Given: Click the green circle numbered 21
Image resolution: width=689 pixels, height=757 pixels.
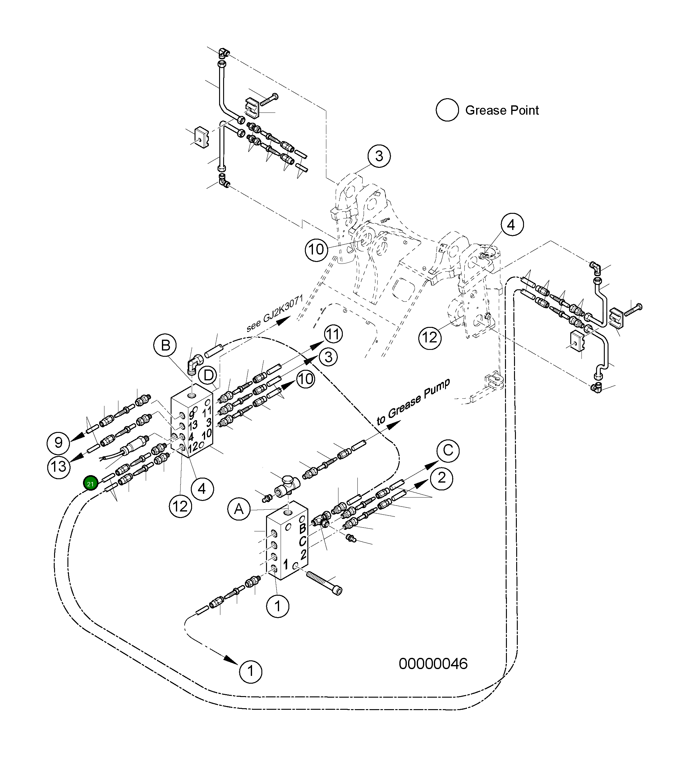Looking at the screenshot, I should pyautogui.click(x=90, y=484).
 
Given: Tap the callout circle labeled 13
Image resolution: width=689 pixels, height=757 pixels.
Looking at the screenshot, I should pyautogui.click(x=59, y=467).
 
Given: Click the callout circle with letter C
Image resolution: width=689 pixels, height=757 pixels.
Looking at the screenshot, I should pyautogui.click(x=448, y=450).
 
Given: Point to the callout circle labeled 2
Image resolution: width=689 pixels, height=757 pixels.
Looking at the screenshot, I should pyautogui.click(x=442, y=478).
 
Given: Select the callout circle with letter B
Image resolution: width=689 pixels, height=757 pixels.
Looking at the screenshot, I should pyautogui.click(x=165, y=346).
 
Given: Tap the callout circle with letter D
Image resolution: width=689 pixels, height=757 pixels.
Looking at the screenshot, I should pyautogui.click(x=209, y=375).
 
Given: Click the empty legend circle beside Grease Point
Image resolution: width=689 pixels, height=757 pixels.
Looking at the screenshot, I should pyautogui.click(x=447, y=110).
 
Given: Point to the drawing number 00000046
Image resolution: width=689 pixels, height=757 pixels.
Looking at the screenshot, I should pyautogui.click(x=433, y=664).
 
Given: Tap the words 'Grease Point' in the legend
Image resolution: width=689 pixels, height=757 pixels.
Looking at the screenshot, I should pyautogui.click(x=502, y=110).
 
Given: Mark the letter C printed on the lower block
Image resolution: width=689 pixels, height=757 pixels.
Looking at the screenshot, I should pyautogui.click(x=303, y=542).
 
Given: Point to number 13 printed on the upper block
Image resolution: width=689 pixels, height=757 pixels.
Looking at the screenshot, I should pyautogui.click(x=193, y=425).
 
